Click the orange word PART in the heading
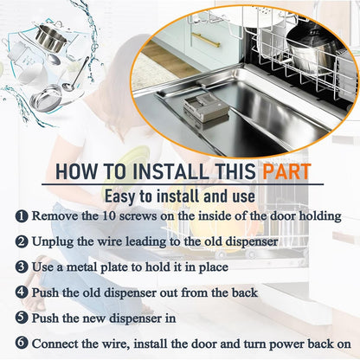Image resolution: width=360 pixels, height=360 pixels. click(x=286, y=171)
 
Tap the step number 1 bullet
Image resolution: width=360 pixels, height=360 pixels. click(x=22, y=216)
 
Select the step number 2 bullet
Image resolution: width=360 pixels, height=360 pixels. click(x=22, y=241)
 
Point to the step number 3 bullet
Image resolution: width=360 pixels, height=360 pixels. click(x=22, y=267)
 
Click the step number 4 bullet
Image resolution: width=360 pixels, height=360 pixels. click(x=22, y=292)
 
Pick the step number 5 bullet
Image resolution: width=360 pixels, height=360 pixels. click(x=22, y=318)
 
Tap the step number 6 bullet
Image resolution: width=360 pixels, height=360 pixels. click(x=22, y=344)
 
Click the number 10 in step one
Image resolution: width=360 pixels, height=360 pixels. click(x=109, y=216)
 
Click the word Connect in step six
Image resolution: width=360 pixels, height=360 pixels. click(x=55, y=344)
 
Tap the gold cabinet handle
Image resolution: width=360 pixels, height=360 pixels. click(x=206, y=40)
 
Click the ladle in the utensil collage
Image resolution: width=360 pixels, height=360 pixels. click(x=75, y=75)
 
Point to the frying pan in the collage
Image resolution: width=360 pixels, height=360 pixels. click(x=48, y=98)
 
